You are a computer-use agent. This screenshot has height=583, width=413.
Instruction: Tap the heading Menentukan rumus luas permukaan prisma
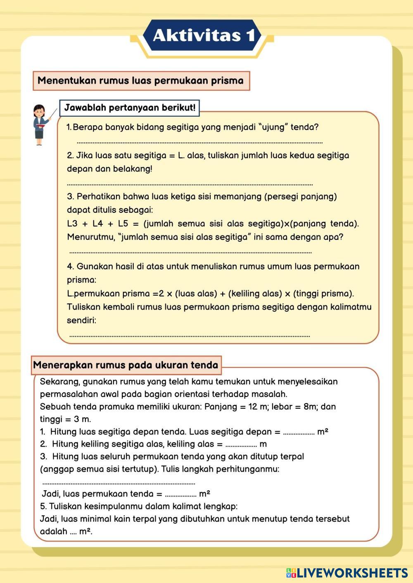141,80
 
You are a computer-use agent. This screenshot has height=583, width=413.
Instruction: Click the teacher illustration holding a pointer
41,125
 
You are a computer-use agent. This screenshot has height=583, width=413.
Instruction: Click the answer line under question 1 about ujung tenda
199,143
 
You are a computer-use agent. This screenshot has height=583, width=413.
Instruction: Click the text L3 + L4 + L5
98,224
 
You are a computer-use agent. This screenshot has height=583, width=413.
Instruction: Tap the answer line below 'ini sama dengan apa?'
190,252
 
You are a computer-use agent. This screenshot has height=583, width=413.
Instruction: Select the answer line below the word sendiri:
190,336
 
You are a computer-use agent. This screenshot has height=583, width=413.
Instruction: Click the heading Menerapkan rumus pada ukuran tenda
126,365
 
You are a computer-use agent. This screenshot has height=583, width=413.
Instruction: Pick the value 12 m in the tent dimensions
258,407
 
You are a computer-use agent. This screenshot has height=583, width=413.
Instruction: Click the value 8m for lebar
309,407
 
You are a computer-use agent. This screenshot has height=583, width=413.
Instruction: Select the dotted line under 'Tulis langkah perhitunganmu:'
119,483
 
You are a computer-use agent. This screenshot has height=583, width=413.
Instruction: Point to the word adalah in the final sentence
54,531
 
